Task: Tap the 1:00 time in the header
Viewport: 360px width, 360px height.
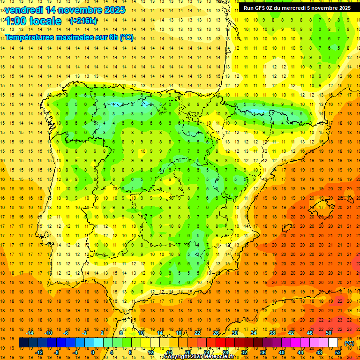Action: point(15,22)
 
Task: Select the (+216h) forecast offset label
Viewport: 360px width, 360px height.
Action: point(83,21)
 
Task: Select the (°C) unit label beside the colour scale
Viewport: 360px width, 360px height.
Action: point(349,343)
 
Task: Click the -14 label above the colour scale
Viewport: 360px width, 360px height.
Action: point(30,333)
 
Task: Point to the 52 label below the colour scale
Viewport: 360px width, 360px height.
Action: point(338,352)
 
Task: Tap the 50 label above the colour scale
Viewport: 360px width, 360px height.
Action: point(329,333)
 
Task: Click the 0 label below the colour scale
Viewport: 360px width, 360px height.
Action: point(93,352)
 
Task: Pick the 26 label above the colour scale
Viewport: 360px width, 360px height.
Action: point(216,333)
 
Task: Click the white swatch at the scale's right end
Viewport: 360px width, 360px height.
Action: point(333,343)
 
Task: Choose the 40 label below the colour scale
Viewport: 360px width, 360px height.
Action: point(282,352)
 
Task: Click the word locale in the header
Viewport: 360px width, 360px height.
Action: point(45,22)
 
